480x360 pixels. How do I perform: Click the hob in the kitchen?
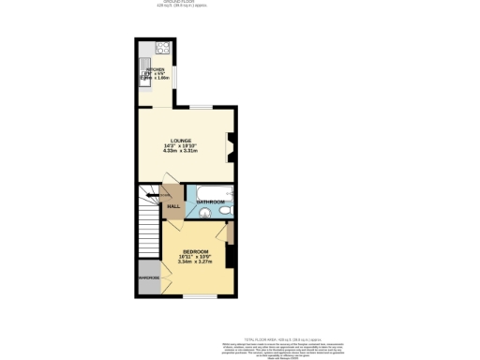pyautogui.click(x=160, y=48)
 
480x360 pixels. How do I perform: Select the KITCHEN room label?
pyautogui.click(x=155, y=69)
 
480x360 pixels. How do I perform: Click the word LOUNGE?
pyautogui.click(x=181, y=141)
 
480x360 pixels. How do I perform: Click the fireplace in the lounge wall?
pyautogui.click(x=231, y=143)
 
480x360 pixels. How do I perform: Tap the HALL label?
pyautogui.click(x=172, y=207)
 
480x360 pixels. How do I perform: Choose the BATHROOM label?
pyautogui.click(x=211, y=202)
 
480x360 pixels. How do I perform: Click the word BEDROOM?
pyautogui.click(x=194, y=251)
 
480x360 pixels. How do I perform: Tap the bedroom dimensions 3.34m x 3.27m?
pyautogui.click(x=194, y=262)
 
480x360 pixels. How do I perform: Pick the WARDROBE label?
pyautogui.click(x=149, y=277)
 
